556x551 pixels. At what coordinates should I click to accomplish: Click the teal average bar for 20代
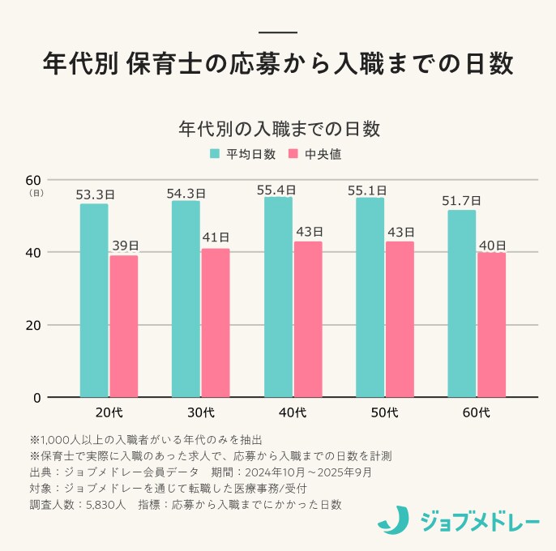point(94,301)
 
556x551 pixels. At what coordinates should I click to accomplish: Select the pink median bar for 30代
point(216,323)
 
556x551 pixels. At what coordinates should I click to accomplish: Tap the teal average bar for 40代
point(278,297)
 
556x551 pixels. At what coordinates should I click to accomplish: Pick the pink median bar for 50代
point(400,319)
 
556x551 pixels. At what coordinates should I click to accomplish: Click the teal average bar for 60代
point(462,304)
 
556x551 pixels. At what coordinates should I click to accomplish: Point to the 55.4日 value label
point(276,190)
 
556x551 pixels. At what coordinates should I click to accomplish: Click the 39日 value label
point(124,246)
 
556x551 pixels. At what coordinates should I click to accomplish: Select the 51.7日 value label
point(461,201)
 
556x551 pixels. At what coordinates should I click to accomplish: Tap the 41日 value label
point(216,237)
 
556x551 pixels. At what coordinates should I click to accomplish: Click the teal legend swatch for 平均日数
point(216,153)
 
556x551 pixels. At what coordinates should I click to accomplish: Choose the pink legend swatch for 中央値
point(294,153)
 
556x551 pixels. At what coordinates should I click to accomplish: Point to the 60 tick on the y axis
point(33,179)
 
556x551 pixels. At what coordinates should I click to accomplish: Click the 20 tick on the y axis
point(33,325)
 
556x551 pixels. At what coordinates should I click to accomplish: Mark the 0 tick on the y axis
point(37,398)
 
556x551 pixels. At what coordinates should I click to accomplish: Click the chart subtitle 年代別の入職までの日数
point(278,128)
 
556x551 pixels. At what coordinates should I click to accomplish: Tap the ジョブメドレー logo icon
point(395,519)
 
